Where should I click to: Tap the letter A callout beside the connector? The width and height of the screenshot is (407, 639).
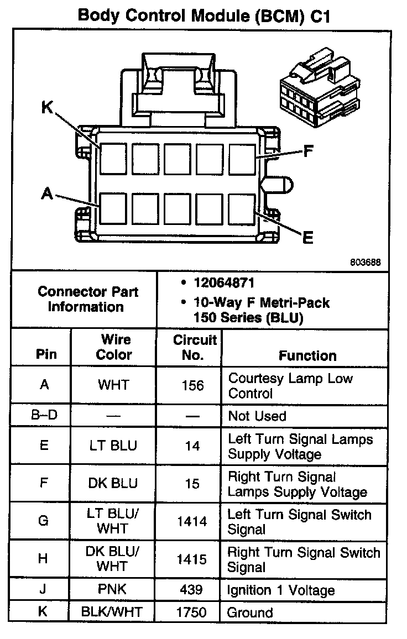pos(47,193)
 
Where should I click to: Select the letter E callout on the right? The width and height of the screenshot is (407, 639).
pos(308,238)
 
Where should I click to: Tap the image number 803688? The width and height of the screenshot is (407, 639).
pos(364,263)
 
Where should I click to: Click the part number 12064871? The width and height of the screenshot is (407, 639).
pos(223,283)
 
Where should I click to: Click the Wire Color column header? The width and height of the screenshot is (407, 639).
pos(114,347)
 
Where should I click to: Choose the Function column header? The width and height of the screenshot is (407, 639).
pos(307,355)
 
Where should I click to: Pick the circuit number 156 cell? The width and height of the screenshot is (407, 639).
pos(192,385)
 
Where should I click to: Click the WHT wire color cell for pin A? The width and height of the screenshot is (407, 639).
pos(113,385)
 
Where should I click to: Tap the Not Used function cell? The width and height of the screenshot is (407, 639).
pos(257,416)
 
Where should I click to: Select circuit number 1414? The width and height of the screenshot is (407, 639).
pos(192,521)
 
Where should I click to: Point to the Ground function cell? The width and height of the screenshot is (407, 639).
pos(251,612)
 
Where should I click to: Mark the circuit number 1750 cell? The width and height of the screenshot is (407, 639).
pos(192,612)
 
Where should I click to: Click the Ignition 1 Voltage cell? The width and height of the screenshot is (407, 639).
pos(281,590)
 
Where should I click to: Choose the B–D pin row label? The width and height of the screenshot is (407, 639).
pos(44,416)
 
